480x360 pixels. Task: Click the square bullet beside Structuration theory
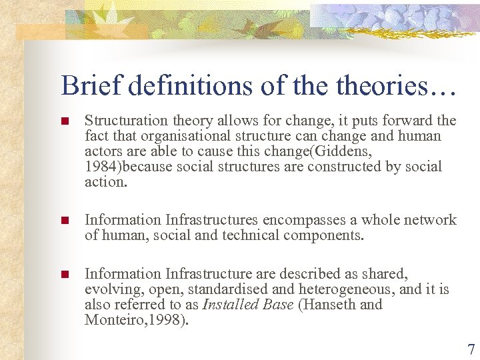coord(65,121)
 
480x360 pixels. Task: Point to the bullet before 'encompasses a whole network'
coord(65,221)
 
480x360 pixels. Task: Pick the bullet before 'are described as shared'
coord(65,275)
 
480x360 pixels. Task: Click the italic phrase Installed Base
coord(247,305)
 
